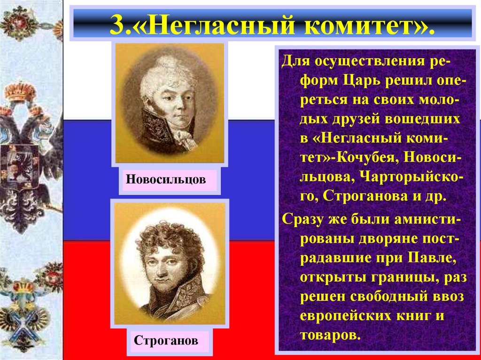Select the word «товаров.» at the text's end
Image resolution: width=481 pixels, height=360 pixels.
click(x=330, y=336)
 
